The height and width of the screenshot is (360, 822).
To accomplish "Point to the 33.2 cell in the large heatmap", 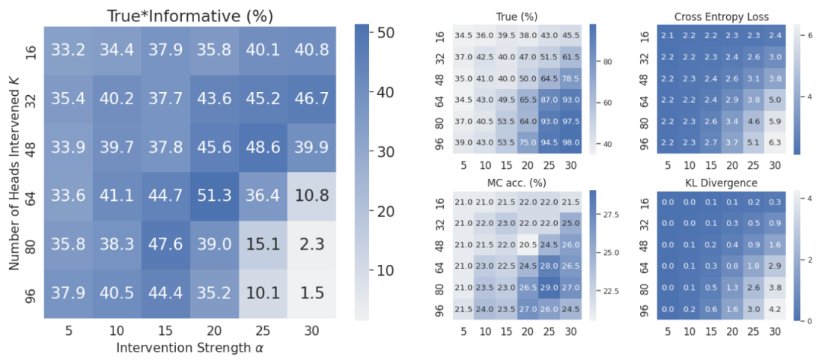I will pos(68,49).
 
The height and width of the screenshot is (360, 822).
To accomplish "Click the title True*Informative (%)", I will pos(190,15).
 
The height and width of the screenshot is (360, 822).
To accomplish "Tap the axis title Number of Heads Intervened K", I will pos(14,171).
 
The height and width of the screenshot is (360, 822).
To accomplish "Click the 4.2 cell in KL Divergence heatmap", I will pos(774,311).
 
